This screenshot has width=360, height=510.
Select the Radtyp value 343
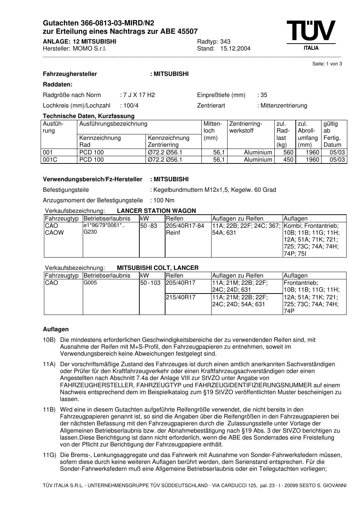(225, 41)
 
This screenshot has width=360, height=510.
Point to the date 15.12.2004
(235, 49)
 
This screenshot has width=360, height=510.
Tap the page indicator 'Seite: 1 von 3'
(327, 64)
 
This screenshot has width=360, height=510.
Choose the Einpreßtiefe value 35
(264, 95)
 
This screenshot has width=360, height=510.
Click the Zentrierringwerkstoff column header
(246, 127)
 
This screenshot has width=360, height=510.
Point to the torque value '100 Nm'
(164, 201)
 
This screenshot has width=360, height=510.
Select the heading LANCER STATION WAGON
(156, 211)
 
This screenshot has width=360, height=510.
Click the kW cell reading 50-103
(150, 283)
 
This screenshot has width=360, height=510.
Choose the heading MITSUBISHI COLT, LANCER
(158, 268)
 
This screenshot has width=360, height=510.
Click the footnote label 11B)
(49, 410)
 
